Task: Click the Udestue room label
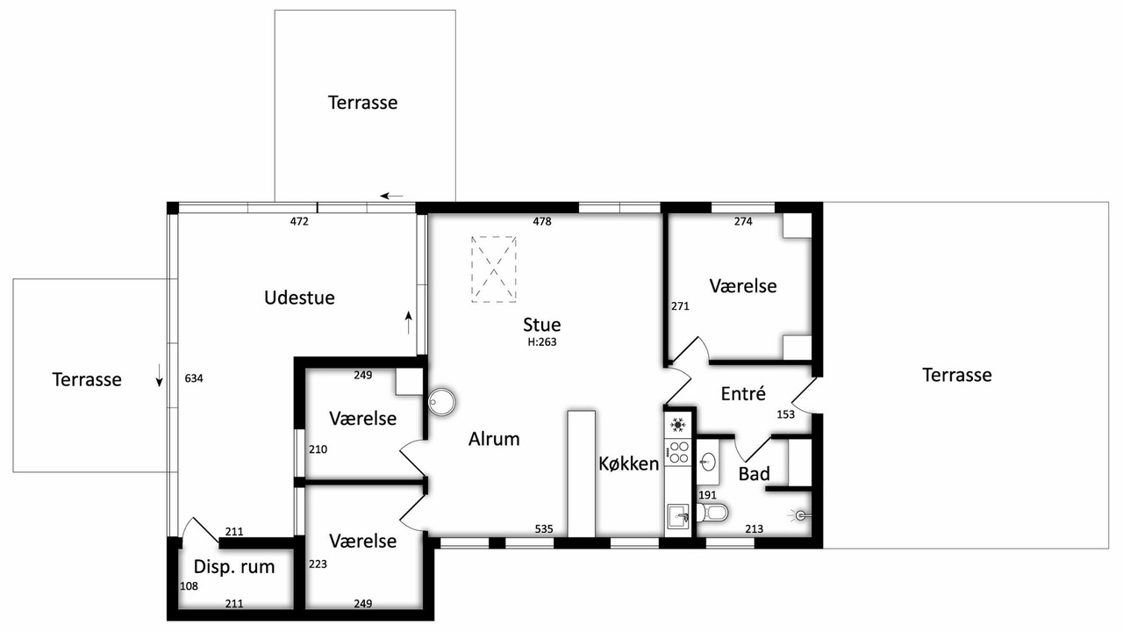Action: [299, 298]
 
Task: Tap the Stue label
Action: [541, 325]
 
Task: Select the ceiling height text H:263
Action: [542, 342]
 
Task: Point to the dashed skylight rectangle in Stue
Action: [494, 269]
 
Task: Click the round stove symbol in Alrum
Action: [442, 401]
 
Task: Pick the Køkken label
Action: [629, 464]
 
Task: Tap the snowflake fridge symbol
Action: [678, 425]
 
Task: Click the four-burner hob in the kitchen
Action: [678, 452]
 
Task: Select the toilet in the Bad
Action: [712, 513]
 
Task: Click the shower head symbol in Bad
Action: [800, 514]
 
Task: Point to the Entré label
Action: [743, 394]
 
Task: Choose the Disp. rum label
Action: [234, 567]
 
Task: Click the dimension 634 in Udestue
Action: [194, 378]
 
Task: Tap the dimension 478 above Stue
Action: [542, 221]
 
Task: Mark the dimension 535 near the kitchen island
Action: [544, 528]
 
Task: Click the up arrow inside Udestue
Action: [409, 322]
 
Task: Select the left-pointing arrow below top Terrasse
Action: [391, 196]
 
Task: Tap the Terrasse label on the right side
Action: [957, 375]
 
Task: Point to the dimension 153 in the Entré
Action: [785, 414]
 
